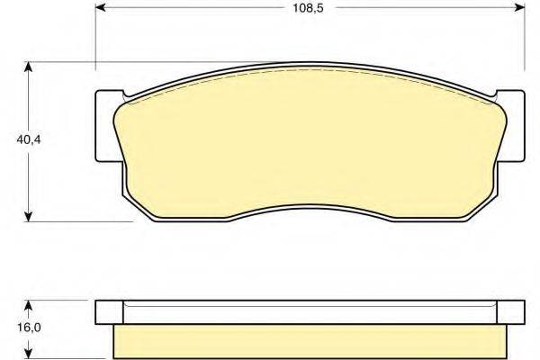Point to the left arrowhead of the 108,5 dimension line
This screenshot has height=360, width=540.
(102, 11)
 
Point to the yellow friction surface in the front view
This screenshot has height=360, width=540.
(306, 144)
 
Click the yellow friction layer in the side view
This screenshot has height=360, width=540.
(306, 340)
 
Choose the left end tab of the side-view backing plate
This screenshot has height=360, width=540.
(107, 311)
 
